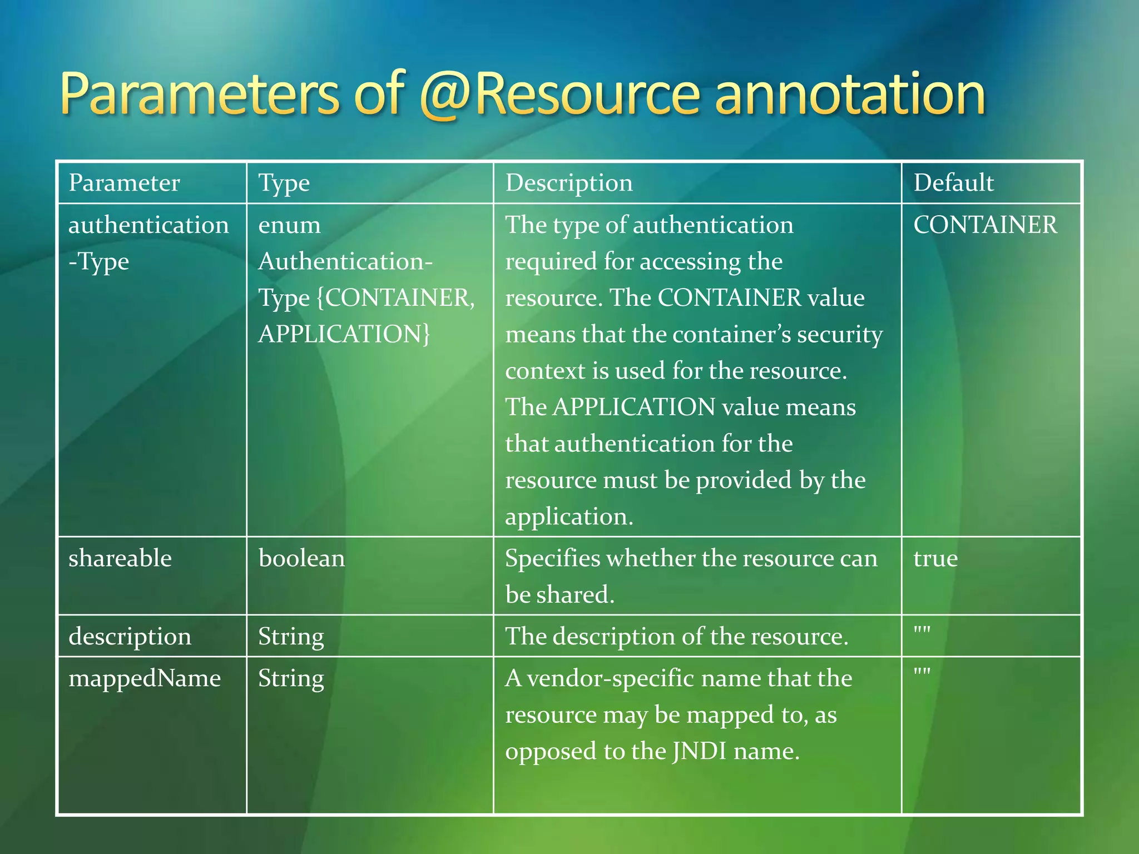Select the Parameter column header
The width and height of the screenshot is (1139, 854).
click(x=124, y=183)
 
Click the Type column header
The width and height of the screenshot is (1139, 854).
click(x=284, y=183)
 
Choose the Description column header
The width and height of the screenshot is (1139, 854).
click(x=569, y=183)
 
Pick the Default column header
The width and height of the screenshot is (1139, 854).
click(x=953, y=183)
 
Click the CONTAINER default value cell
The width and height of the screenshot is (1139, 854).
click(x=985, y=225)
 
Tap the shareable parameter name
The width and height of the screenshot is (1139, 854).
click(x=120, y=558)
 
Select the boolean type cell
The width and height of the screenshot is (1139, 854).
click(x=301, y=558)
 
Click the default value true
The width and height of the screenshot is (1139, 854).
click(x=935, y=558)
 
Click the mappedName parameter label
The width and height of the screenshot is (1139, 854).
click(x=145, y=679)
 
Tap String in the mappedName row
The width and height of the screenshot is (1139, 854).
click(x=291, y=679)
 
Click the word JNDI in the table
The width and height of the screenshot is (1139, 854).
click(x=699, y=752)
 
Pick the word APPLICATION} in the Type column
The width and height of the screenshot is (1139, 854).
click(x=344, y=334)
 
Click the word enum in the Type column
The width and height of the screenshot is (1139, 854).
click(x=289, y=225)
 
